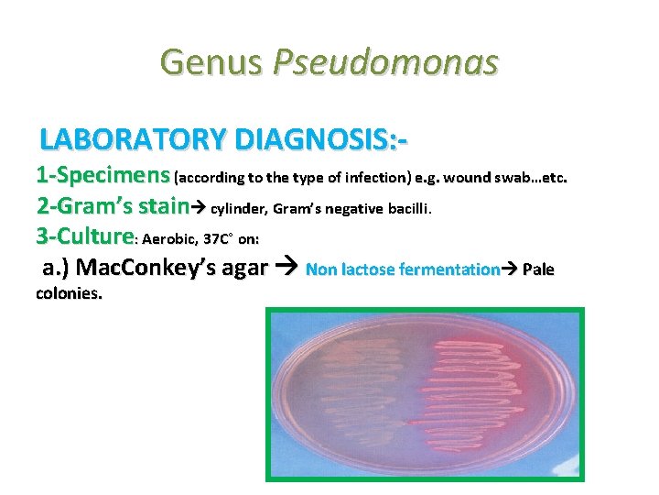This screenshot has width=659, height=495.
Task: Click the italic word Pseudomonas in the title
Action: (385, 62)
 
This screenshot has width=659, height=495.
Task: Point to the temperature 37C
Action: (218, 239)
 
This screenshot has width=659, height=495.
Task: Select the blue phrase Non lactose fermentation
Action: (402, 270)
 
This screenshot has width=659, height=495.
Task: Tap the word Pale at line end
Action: (537, 270)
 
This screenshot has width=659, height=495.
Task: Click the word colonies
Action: (69, 295)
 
